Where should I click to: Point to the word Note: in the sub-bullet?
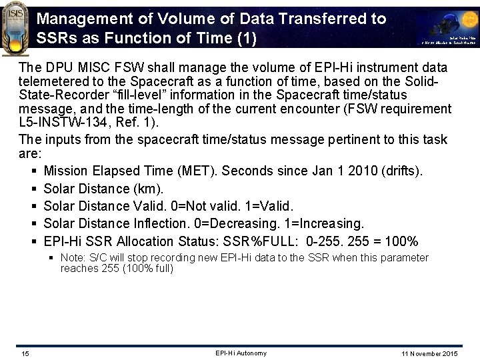pyautogui.click(x=74, y=257)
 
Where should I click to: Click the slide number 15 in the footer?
pyautogui.click(x=24, y=353)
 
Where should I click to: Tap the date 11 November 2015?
pyautogui.click(x=434, y=353)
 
